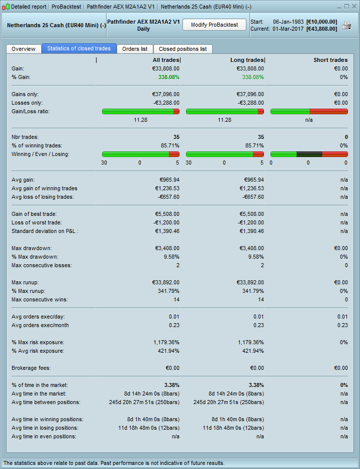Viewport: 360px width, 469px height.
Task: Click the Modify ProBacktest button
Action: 214,25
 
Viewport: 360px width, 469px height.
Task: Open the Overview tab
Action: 24,49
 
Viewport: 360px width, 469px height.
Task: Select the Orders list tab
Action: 135,49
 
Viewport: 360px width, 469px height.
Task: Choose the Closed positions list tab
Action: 183,49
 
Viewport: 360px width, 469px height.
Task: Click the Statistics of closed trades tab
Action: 79,49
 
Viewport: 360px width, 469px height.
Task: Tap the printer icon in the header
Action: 346,25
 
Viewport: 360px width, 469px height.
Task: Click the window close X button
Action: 353,7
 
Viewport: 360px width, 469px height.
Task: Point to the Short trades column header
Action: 330,60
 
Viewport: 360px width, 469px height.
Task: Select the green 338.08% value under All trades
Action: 168,77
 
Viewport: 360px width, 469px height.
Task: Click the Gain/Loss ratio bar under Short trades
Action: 309,111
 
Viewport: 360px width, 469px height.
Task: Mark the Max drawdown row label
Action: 32,248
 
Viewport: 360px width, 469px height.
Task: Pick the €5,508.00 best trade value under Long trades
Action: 250,214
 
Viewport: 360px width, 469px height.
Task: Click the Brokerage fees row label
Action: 31,368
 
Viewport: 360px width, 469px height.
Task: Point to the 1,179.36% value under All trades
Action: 166,342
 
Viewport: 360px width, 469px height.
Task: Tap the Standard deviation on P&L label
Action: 45,231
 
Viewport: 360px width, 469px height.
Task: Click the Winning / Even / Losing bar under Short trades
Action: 309,154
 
